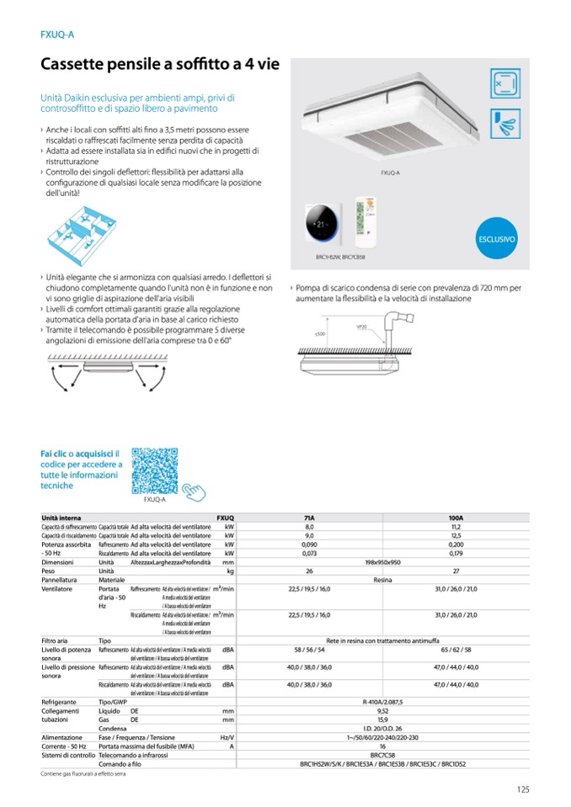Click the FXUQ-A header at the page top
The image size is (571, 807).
[58, 35]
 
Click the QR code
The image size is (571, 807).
[154, 470]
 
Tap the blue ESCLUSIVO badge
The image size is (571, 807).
[496, 240]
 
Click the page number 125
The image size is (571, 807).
[522, 788]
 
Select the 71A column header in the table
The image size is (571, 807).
[309, 518]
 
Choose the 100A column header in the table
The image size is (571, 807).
[457, 518]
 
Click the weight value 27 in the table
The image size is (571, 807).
[457, 571]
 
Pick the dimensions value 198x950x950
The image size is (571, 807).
[383, 561]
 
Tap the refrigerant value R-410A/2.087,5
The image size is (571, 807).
[383, 701]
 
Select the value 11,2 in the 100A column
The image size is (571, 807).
[457, 526]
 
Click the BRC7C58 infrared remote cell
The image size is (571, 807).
[383, 755]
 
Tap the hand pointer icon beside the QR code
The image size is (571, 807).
[195, 489]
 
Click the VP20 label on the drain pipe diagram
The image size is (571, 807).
[361, 327]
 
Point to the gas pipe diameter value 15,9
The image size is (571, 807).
[383, 719]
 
